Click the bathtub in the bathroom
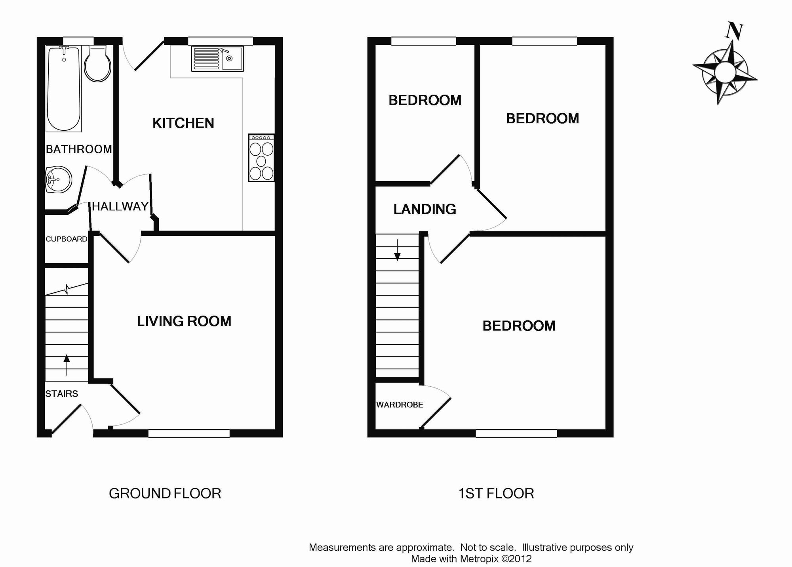click(x=64, y=88)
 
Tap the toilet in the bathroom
click(x=97, y=65)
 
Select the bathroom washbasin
click(x=58, y=179)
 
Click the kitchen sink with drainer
click(x=217, y=59)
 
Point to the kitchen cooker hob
click(x=261, y=158)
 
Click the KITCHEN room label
click(x=183, y=123)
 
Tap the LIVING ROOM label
click(x=184, y=321)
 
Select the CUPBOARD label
click(x=66, y=239)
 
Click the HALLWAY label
click(x=120, y=206)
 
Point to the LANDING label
click(x=425, y=209)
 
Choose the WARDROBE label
click(x=400, y=405)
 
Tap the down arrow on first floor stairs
click(x=397, y=250)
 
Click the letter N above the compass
click(x=735, y=31)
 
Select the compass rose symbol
click(x=725, y=73)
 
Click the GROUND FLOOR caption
click(x=165, y=494)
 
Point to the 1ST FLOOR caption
click(x=496, y=494)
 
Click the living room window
click(x=189, y=433)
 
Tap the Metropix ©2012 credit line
click(x=471, y=559)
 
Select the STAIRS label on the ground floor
click(x=61, y=394)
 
